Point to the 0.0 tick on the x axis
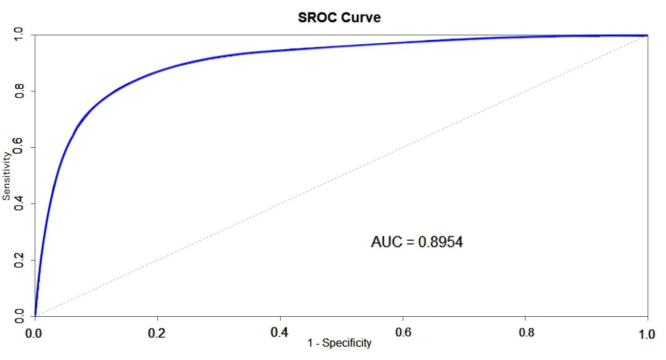pyautogui.click(x=34, y=333)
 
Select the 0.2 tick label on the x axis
pyautogui.click(x=157, y=333)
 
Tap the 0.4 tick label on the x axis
pyautogui.click(x=280, y=333)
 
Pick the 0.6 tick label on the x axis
pyautogui.click(x=402, y=333)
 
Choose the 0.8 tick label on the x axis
pyautogui.click(x=525, y=333)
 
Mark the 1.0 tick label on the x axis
pyautogui.click(x=647, y=333)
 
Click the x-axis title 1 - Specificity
pyautogui.click(x=339, y=343)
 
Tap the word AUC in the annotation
pyautogui.click(x=386, y=242)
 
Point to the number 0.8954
pyautogui.click(x=440, y=242)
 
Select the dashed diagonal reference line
pyautogui.click(x=341, y=175)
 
